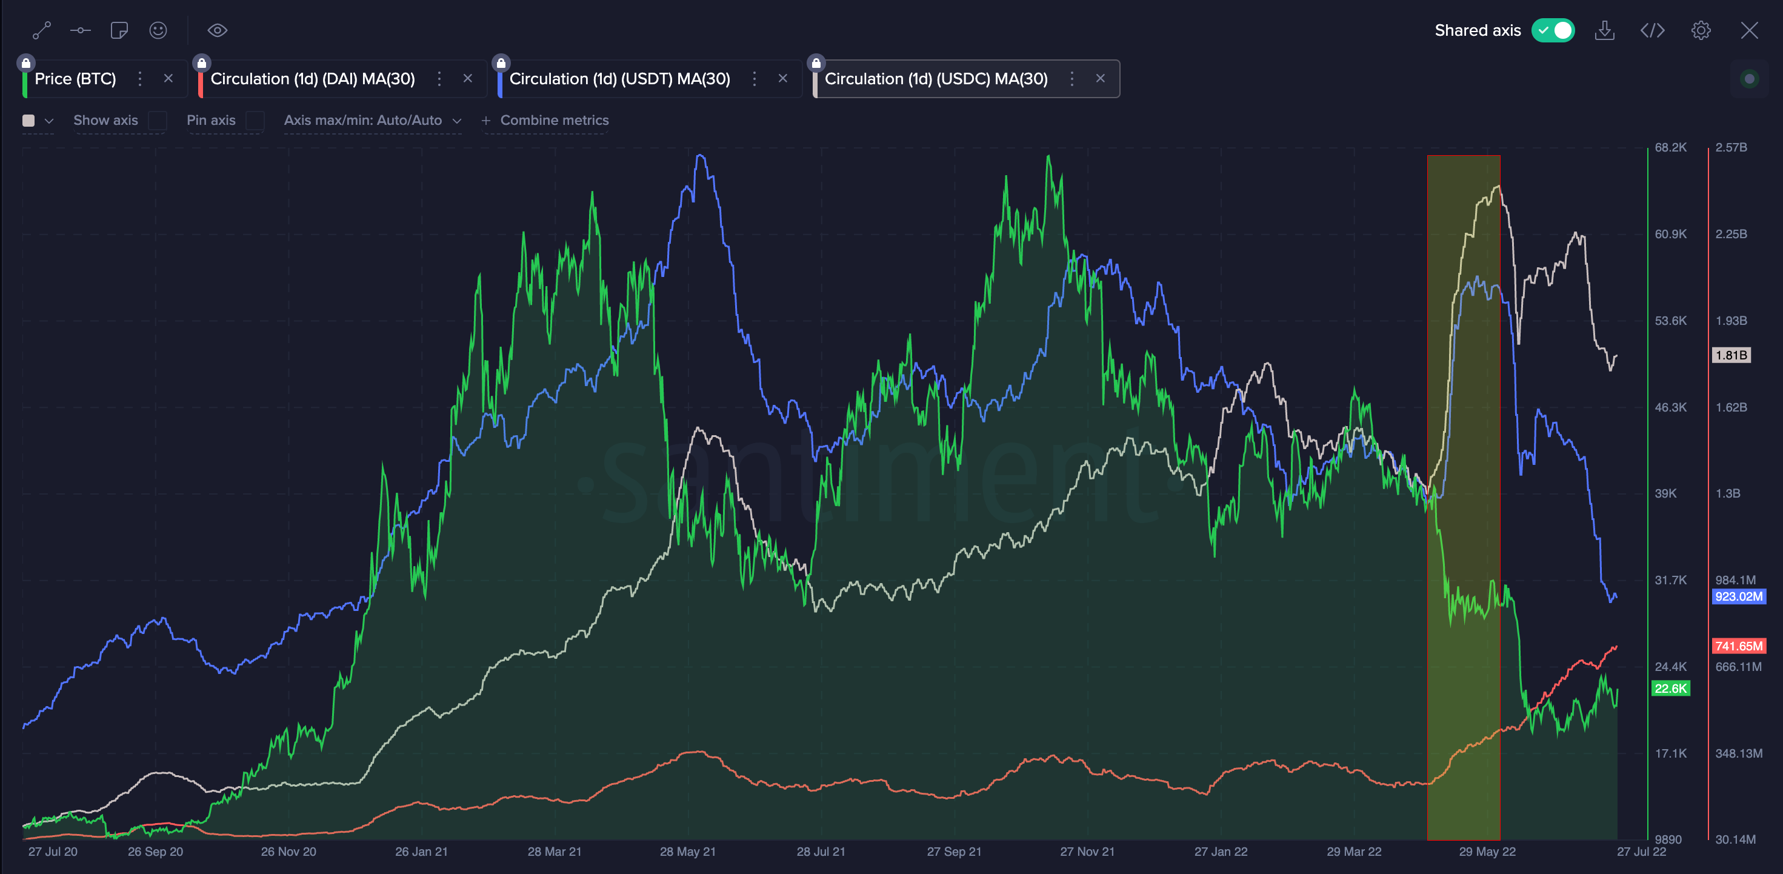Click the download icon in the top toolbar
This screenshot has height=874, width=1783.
[x=1604, y=30]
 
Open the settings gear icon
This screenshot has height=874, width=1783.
[x=1701, y=30]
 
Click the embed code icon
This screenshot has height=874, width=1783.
[x=1652, y=30]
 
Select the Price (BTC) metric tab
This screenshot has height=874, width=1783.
[x=75, y=79]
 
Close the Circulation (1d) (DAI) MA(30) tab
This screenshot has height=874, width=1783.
[x=468, y=79]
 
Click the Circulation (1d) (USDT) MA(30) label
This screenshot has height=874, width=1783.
[x=619, y=79]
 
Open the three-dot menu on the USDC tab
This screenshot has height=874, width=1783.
[x=1071, y=79]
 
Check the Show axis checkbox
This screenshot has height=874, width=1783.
[x=158, y=121]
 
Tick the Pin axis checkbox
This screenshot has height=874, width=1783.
[x=255, y=121]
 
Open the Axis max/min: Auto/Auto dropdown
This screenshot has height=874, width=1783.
[x=372, y=121]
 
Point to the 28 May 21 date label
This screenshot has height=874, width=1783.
[x=687, y=852]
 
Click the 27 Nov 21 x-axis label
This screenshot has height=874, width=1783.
[x=1087, y=852]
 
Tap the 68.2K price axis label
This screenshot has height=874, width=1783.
[x=1670, y=147]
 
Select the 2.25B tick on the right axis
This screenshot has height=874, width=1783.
[x=1730, y=234]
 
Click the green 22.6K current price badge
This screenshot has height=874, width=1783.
[x=1670, y=689]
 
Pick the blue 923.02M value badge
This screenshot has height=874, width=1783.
[x=1738, y=596]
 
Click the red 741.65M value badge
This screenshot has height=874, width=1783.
[x=1738, y=646]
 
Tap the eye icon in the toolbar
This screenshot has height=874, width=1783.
[x=218, y=30]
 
